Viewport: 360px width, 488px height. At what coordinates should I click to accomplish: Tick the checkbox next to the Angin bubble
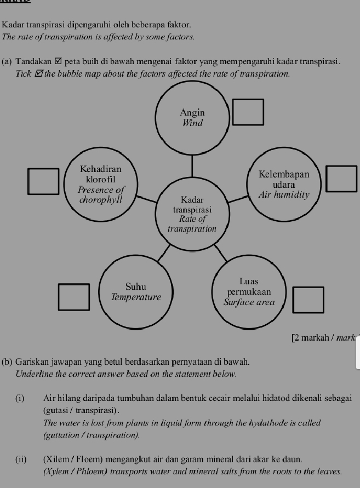tap(248, 112)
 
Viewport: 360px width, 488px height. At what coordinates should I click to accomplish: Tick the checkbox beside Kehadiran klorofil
tap(44, 181)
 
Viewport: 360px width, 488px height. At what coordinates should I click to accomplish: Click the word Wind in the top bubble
tap(192, 123)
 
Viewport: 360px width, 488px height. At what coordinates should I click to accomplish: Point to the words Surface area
tap(249, 302)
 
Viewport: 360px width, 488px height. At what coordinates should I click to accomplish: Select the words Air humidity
tap(284, 194)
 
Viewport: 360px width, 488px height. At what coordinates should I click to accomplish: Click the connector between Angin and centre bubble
tap(192, 163)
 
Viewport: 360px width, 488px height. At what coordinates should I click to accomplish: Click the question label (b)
tap(7, 362)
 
